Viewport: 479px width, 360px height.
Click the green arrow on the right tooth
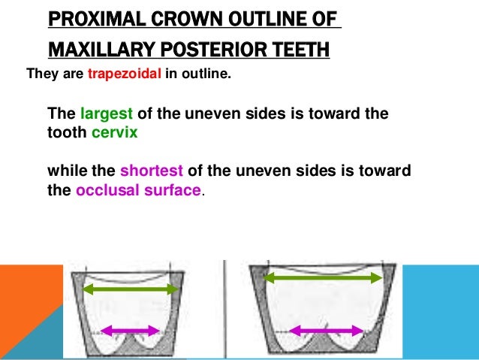pos(323,278)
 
